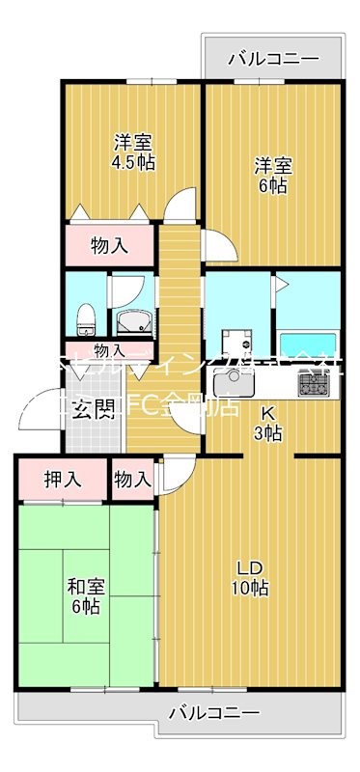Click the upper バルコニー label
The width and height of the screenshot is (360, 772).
273,60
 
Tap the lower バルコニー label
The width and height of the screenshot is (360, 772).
214,740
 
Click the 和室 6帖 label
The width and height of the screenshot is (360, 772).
83,595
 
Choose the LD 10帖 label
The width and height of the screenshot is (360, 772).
249,576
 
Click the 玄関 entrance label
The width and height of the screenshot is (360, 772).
93,409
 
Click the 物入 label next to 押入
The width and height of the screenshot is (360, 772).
132,479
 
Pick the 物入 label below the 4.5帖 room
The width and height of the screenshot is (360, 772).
109,245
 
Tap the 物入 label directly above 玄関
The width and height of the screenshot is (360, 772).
108,350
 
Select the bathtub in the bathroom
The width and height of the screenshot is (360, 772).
307,345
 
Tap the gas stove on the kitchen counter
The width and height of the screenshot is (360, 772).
315,385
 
